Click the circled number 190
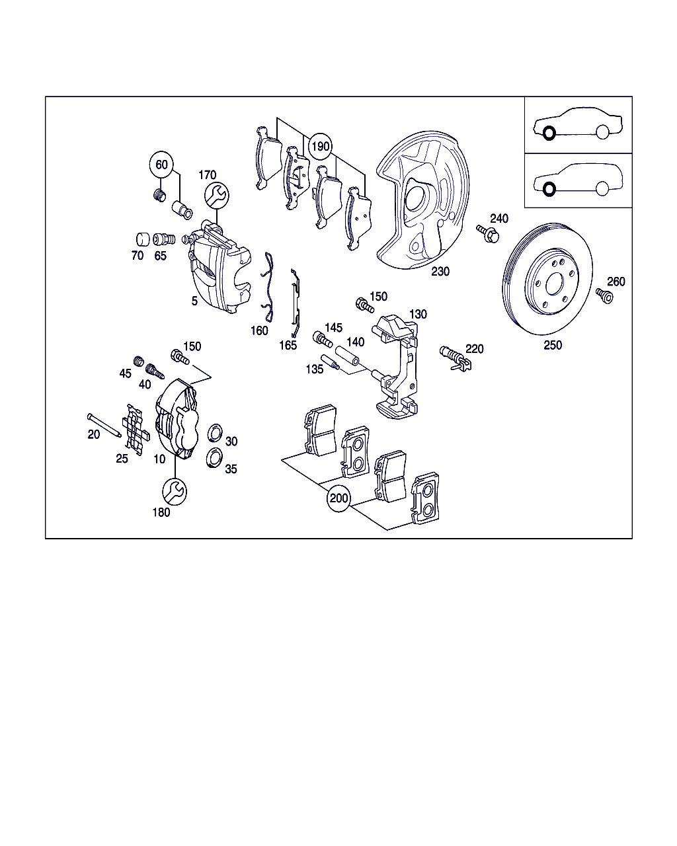click(321, 147)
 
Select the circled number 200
click(338, 498)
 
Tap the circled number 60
click(162, 165)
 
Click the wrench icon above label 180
click(175, 490)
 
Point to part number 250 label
click(553, 345)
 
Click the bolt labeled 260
click(604, 295)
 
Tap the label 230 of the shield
click(440, 271)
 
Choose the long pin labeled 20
click(103, 424)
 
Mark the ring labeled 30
click(215, 434)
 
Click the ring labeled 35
click(214, 457)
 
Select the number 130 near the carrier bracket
click(418, 314)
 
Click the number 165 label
click(288, 345)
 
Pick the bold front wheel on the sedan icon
click(549, 134)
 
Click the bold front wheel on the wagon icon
click(549, 190)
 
